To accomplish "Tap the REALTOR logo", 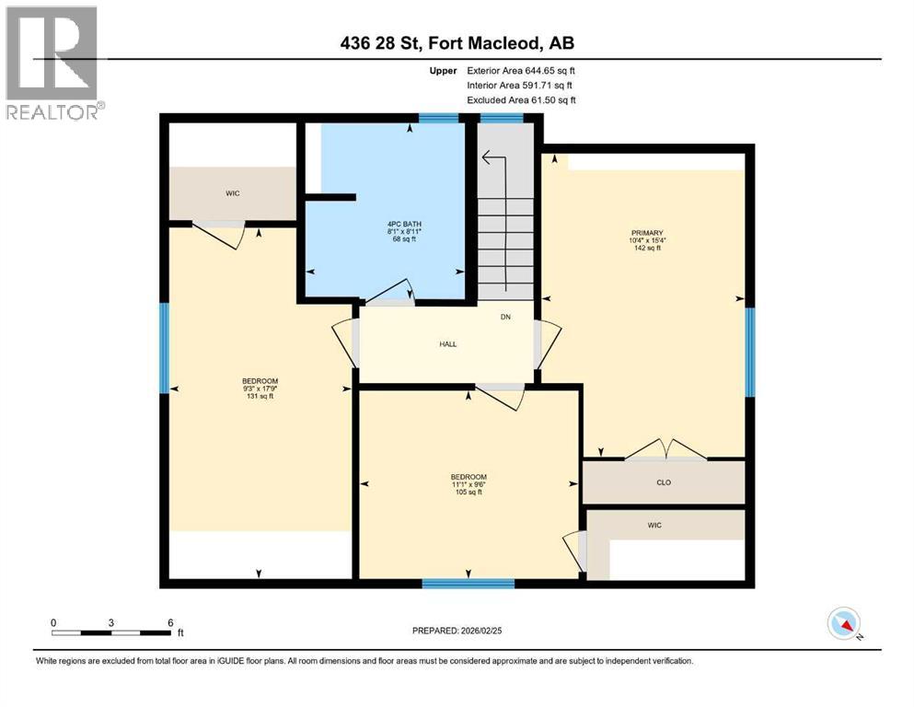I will click(52, 64).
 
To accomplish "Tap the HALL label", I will click(447, 344).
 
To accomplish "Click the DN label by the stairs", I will click(505, 318).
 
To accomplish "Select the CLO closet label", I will click(663, 481).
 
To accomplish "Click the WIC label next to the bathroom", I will click(232, 194).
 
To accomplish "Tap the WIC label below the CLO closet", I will click(654, 525).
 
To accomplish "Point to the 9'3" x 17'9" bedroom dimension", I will click(260, 388).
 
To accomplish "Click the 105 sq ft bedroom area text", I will click(469, 493).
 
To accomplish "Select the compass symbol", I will click(843, 623).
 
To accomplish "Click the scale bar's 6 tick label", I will click(170, 623).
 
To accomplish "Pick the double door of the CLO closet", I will click(662, 450).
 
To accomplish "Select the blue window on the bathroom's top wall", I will click(439, 118).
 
